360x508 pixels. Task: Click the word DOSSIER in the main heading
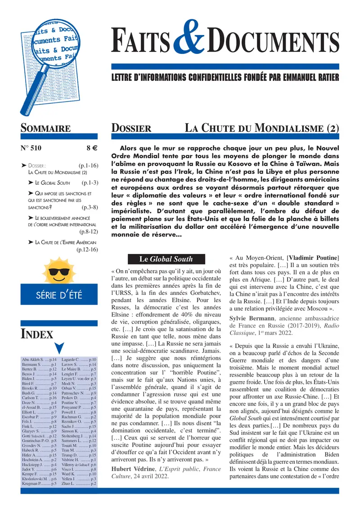pyautogui.click(x=131, y=128)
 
